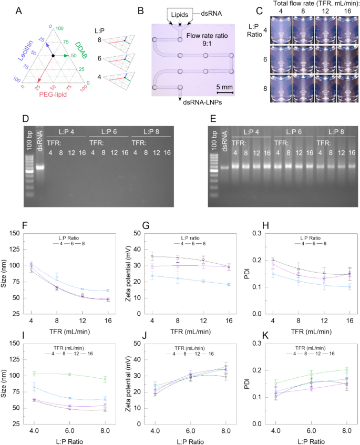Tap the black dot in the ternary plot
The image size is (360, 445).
point(53,56)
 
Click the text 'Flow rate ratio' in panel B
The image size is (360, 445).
point(208,35)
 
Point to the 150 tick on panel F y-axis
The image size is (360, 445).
point(18,233)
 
